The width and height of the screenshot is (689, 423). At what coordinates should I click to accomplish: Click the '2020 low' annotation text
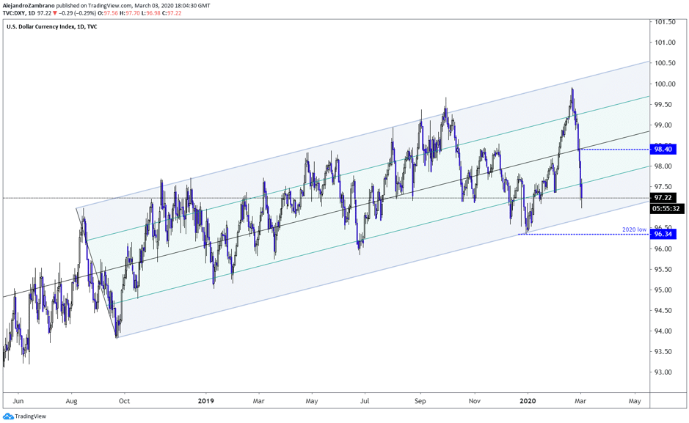click(635, 229)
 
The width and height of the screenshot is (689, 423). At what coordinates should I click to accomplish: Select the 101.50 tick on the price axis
click(666, 22)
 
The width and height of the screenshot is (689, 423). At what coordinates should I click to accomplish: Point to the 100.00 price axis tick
click(666, 84)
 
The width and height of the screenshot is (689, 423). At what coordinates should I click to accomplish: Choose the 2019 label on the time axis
click(205, 401)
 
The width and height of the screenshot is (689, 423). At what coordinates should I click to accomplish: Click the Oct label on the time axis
click(124, 401)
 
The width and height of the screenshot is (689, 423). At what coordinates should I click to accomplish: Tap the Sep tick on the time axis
click(420, 401)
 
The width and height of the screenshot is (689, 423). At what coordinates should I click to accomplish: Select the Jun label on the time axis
click(18, 401)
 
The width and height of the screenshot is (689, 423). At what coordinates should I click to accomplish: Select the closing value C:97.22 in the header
click(172, 13)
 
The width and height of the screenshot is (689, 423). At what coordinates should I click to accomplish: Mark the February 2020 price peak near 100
click(572, 89)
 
